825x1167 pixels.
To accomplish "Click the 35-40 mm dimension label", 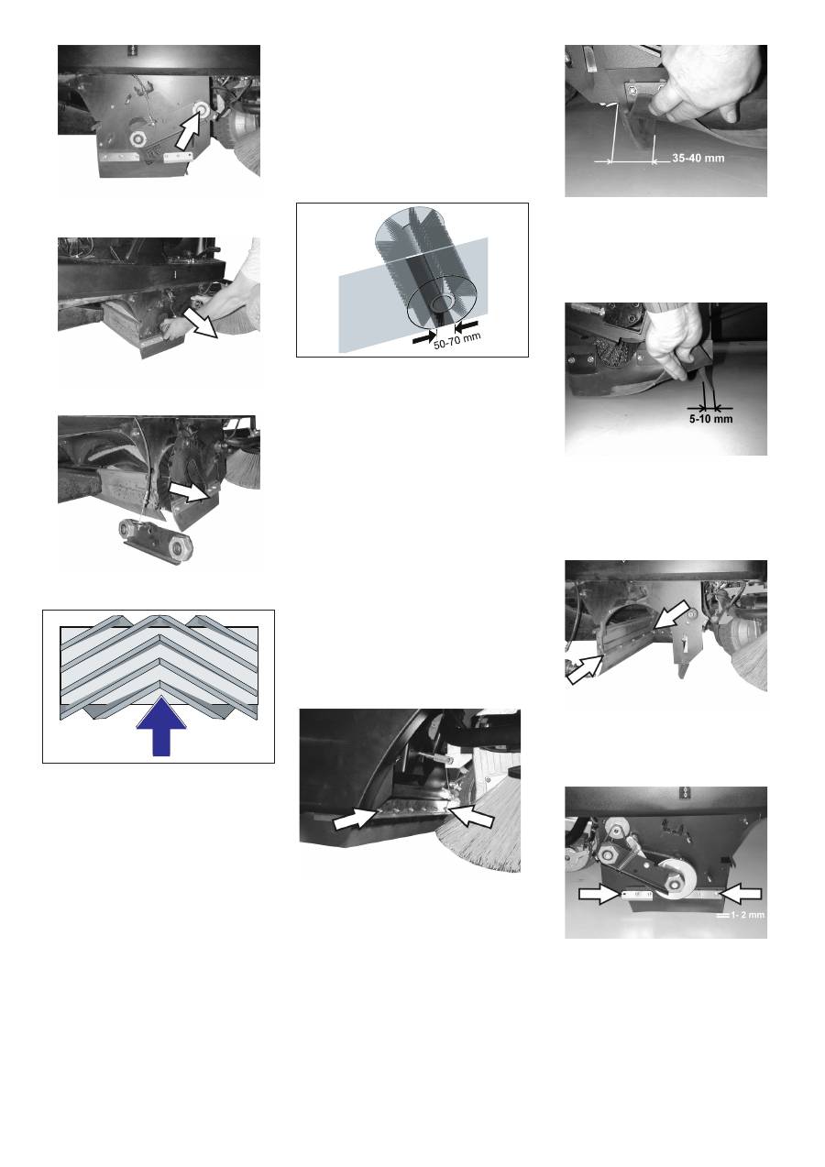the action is coord(698,158).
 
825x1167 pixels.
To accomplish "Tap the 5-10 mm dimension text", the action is coord(710,419).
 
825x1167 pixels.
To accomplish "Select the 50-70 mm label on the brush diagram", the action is coord(456,341).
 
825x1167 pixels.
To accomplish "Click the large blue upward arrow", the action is coord(161,726).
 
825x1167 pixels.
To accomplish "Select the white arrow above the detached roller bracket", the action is coord(192,491).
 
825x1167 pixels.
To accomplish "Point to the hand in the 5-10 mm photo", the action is coord(677,341).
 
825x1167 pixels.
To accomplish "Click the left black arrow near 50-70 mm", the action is coord(423,337).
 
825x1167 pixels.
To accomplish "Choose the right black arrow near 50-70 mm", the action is coord(467,326).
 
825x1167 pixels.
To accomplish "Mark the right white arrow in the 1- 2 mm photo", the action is coord(741,894).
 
